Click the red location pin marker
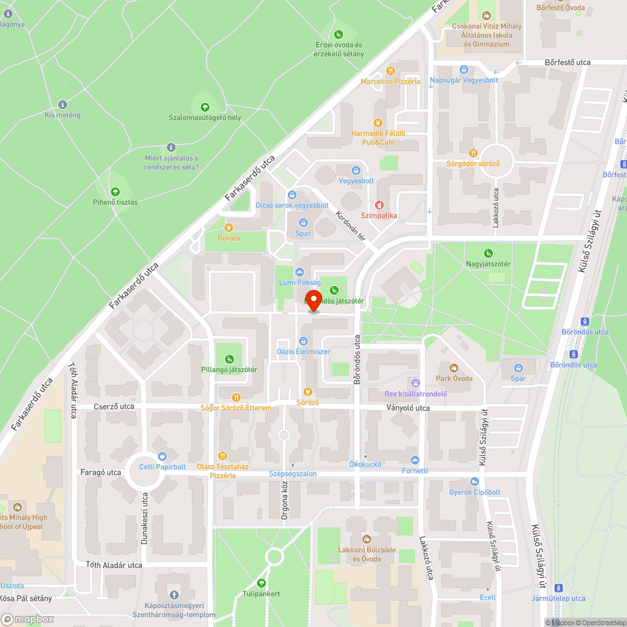tap(313, 298)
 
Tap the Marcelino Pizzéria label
tap(390, 82)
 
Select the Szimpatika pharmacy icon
tap(379, 205)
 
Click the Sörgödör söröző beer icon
tap(473, 153)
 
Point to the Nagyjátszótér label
tap(488, 264)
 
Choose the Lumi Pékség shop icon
tap(299, 272)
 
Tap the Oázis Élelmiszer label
tap(303, 352)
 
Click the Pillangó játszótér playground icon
tap(229, 359)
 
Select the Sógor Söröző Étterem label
tap(236, 408)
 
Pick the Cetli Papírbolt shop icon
tap(162, 456)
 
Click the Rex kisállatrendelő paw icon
tap(415, 383)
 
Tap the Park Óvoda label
tap(454, 379)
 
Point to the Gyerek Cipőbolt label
tap(475, 492)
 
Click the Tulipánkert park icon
tap(261, 583)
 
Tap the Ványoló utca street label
tap(408, 408)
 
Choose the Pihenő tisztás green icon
tap(115, 192)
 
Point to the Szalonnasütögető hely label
tap(204, 118)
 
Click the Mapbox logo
tap(28, 618)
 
